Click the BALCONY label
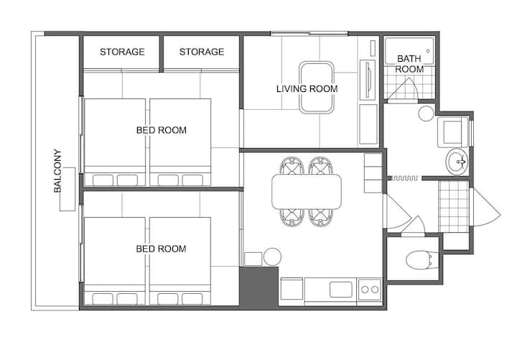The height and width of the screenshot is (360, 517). [57, 171]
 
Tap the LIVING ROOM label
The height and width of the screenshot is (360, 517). [307, 89]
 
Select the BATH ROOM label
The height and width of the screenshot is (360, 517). [409, 64]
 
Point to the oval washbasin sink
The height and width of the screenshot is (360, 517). [457, 162]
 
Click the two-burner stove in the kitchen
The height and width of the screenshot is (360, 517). [370, 290]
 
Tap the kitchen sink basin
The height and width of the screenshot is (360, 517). [341, 290]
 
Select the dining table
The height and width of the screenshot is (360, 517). [307, 192]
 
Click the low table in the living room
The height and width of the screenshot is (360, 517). [317, 88]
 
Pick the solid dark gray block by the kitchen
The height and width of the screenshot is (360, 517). [258, 287]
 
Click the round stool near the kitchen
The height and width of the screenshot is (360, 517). [272, 257]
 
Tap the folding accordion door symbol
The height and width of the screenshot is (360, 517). [404, 178]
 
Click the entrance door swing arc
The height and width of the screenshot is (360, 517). [487, 208]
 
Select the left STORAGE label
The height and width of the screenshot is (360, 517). [122, 52]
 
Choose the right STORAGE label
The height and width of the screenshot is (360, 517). [202, 52]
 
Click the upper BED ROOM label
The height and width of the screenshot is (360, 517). [162, 130]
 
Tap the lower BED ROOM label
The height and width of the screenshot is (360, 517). [162, 249]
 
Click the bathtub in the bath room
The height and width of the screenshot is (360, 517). [409, 51]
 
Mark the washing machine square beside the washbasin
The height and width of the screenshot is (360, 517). [453, 132]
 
